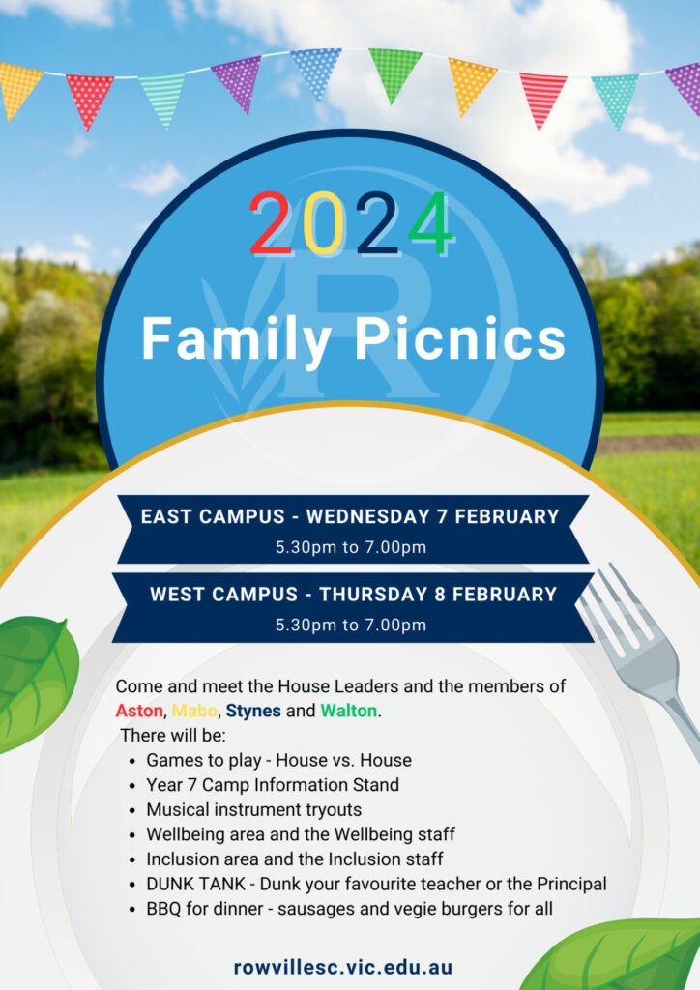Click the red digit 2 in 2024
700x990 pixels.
pyautogui.click(x=271, y=222)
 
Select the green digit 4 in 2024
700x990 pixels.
pyautogui.click(x=431, y=222)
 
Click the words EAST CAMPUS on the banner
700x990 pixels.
pyautogui.click(x=213, y=516)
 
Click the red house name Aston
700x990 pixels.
pyautogui.click(x=139, y=711)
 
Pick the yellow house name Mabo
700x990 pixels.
pyautogui.click(x=194, y=711)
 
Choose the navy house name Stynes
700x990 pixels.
pyautogui.click(x=253, y=712)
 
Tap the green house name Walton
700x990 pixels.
pyautogui.click(x=348, y=711)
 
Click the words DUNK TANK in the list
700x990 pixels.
pyautogui.click(x=195, y=884)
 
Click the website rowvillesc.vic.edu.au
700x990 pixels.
pyautogui.click(x=343, y=967)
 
